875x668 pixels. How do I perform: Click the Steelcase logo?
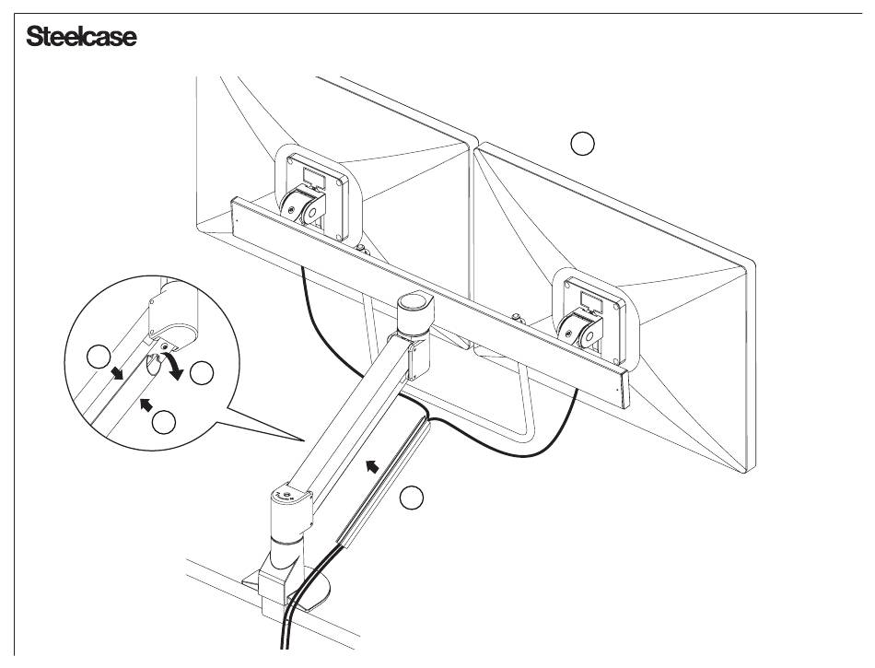click(81, 38)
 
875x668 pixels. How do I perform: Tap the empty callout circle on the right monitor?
click(582, 143)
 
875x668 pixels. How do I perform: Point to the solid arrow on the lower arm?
click(371, 467)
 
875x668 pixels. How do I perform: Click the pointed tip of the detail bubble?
click(305, 441)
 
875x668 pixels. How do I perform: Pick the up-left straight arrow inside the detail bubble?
click(145, 402)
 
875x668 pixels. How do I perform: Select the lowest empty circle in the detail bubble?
click(164, 422)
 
